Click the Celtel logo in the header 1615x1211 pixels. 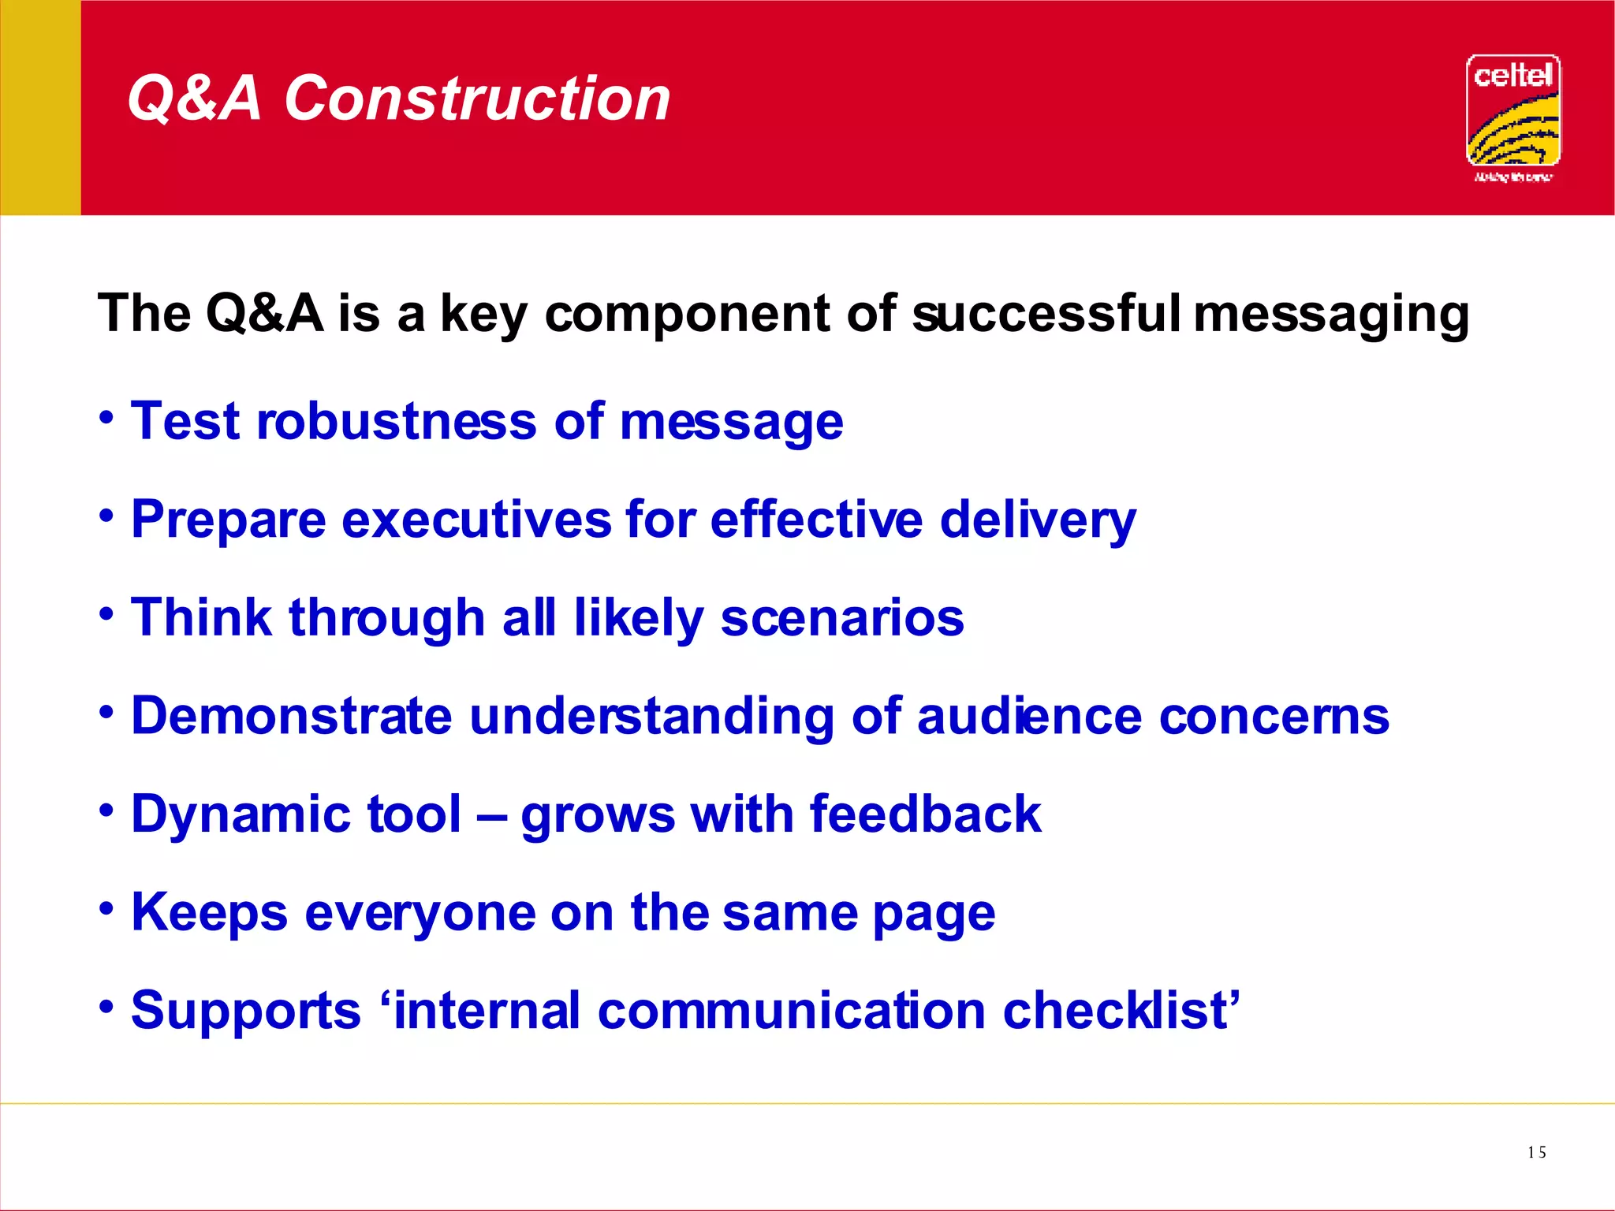tap(1512, 111)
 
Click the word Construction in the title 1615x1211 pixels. tap(476, 99)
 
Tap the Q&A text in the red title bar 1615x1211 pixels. tap(194, 99)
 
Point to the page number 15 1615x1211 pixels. tap(1536, 1153)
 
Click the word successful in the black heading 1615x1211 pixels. tap(1046, 314)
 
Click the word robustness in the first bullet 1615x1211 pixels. tap(397, 421)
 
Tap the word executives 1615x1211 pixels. tap(476, 520)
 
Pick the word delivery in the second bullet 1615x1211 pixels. tap(1038, 521)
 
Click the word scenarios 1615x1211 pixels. tap(842, 617)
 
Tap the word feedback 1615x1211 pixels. tap(925, 814)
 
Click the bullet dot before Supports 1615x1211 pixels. tap(107, 1007)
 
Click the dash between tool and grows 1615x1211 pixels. tap(490, 817)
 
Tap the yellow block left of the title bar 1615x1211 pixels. tap(40, 107)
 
